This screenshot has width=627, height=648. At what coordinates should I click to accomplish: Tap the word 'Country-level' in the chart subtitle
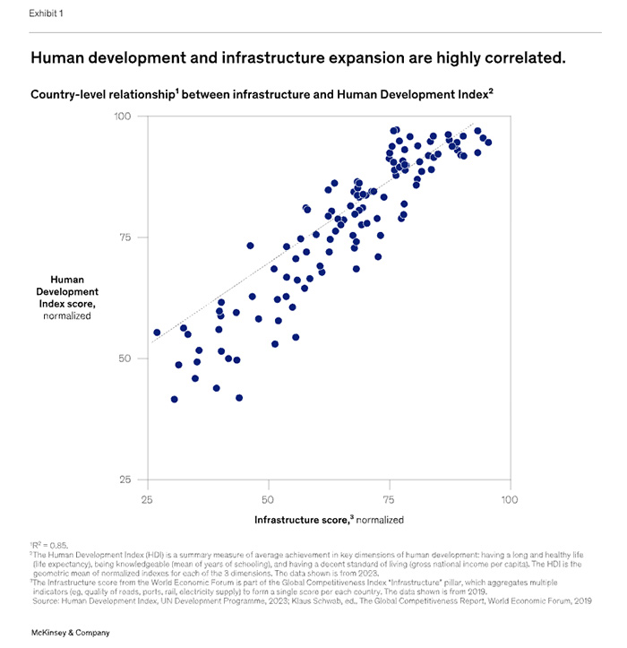point(70,93)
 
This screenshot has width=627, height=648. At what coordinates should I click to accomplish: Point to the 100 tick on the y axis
point(122,117)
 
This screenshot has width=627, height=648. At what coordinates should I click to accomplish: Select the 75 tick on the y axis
point(125,238)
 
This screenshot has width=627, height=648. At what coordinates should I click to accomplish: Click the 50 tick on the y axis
point(125,359)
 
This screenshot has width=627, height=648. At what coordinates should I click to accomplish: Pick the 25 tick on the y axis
point(125,480)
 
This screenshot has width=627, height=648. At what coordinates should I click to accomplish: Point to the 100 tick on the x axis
point(509,497)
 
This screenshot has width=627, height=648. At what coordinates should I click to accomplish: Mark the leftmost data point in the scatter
point(157,333)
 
